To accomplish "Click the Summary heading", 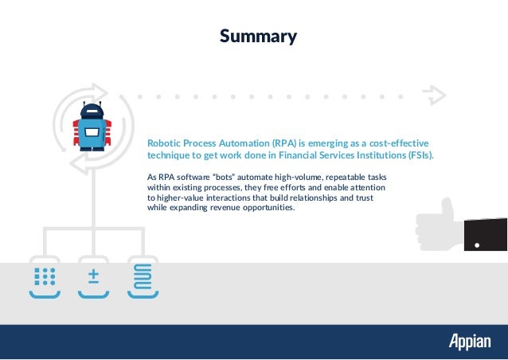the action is point(258,37).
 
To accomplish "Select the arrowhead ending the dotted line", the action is point(435,96).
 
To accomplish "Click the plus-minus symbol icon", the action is point(94,276).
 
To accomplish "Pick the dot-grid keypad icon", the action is point(45,276).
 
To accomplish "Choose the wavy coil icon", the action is point(144,276).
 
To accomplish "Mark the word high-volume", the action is point(280,177).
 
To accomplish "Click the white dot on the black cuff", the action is point(477,245).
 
